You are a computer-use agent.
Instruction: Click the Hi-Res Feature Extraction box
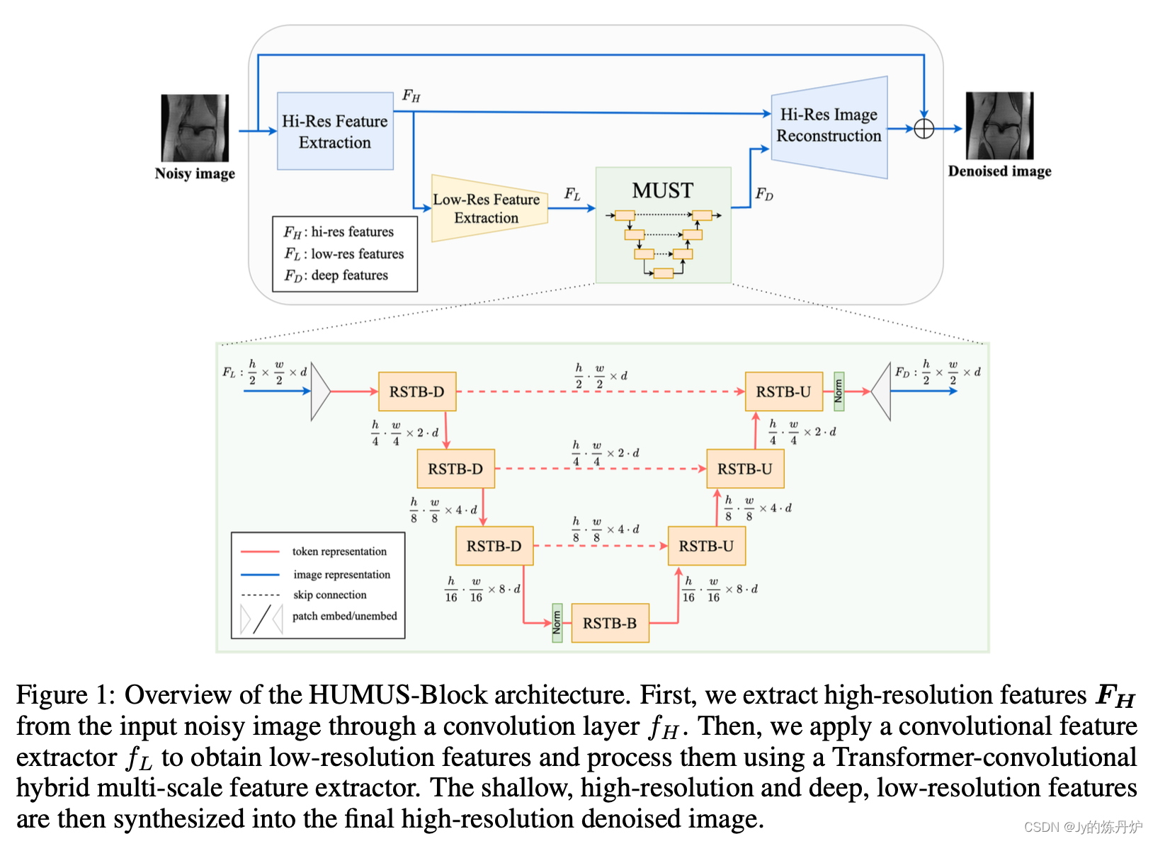pyautogui.click(x=335, y=131)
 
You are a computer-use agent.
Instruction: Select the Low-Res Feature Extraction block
pyautogui.click(x=489, y=208)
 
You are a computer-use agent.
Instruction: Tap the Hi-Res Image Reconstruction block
pyautogui.click(x=829, y=127)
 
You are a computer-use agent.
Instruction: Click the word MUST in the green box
pyautogui.click(x=662, y=190)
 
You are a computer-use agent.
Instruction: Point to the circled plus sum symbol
pyautogui.click(x=924, y=129)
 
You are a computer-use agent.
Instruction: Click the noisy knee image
pyautogui.click(x=195, y=128)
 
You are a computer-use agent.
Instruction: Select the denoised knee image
pyautogui.click(x=999, y=125)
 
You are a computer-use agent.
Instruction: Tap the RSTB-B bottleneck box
pyautogui.click(x=610, y=623)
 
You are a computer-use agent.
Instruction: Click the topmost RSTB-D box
pyautogui.click(x=417, y=391)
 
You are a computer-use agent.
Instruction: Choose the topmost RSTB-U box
pyautogui.click(x=783, y=391)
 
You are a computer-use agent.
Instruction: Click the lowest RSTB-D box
pyautogui.click(x=494, y=546)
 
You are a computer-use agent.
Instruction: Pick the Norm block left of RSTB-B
pyautogui.click(x=557, y=623)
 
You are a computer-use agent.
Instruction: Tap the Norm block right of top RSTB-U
pyautogui.click(x=839, y=391)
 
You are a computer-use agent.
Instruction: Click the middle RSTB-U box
pyautogui.click(x=745, y=469)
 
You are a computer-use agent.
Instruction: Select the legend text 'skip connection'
pyautogui.click(x=330, y=595)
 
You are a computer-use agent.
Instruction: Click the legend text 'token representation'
pyautogui.click(x=339, y=551)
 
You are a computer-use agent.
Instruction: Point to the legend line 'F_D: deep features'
pyautogui.click(x=336, y=275)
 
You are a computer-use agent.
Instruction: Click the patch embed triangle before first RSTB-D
pyautogui.click(x=320, y=391)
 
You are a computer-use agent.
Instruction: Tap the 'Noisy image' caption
pyautogui.click(x=195, y=173)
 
